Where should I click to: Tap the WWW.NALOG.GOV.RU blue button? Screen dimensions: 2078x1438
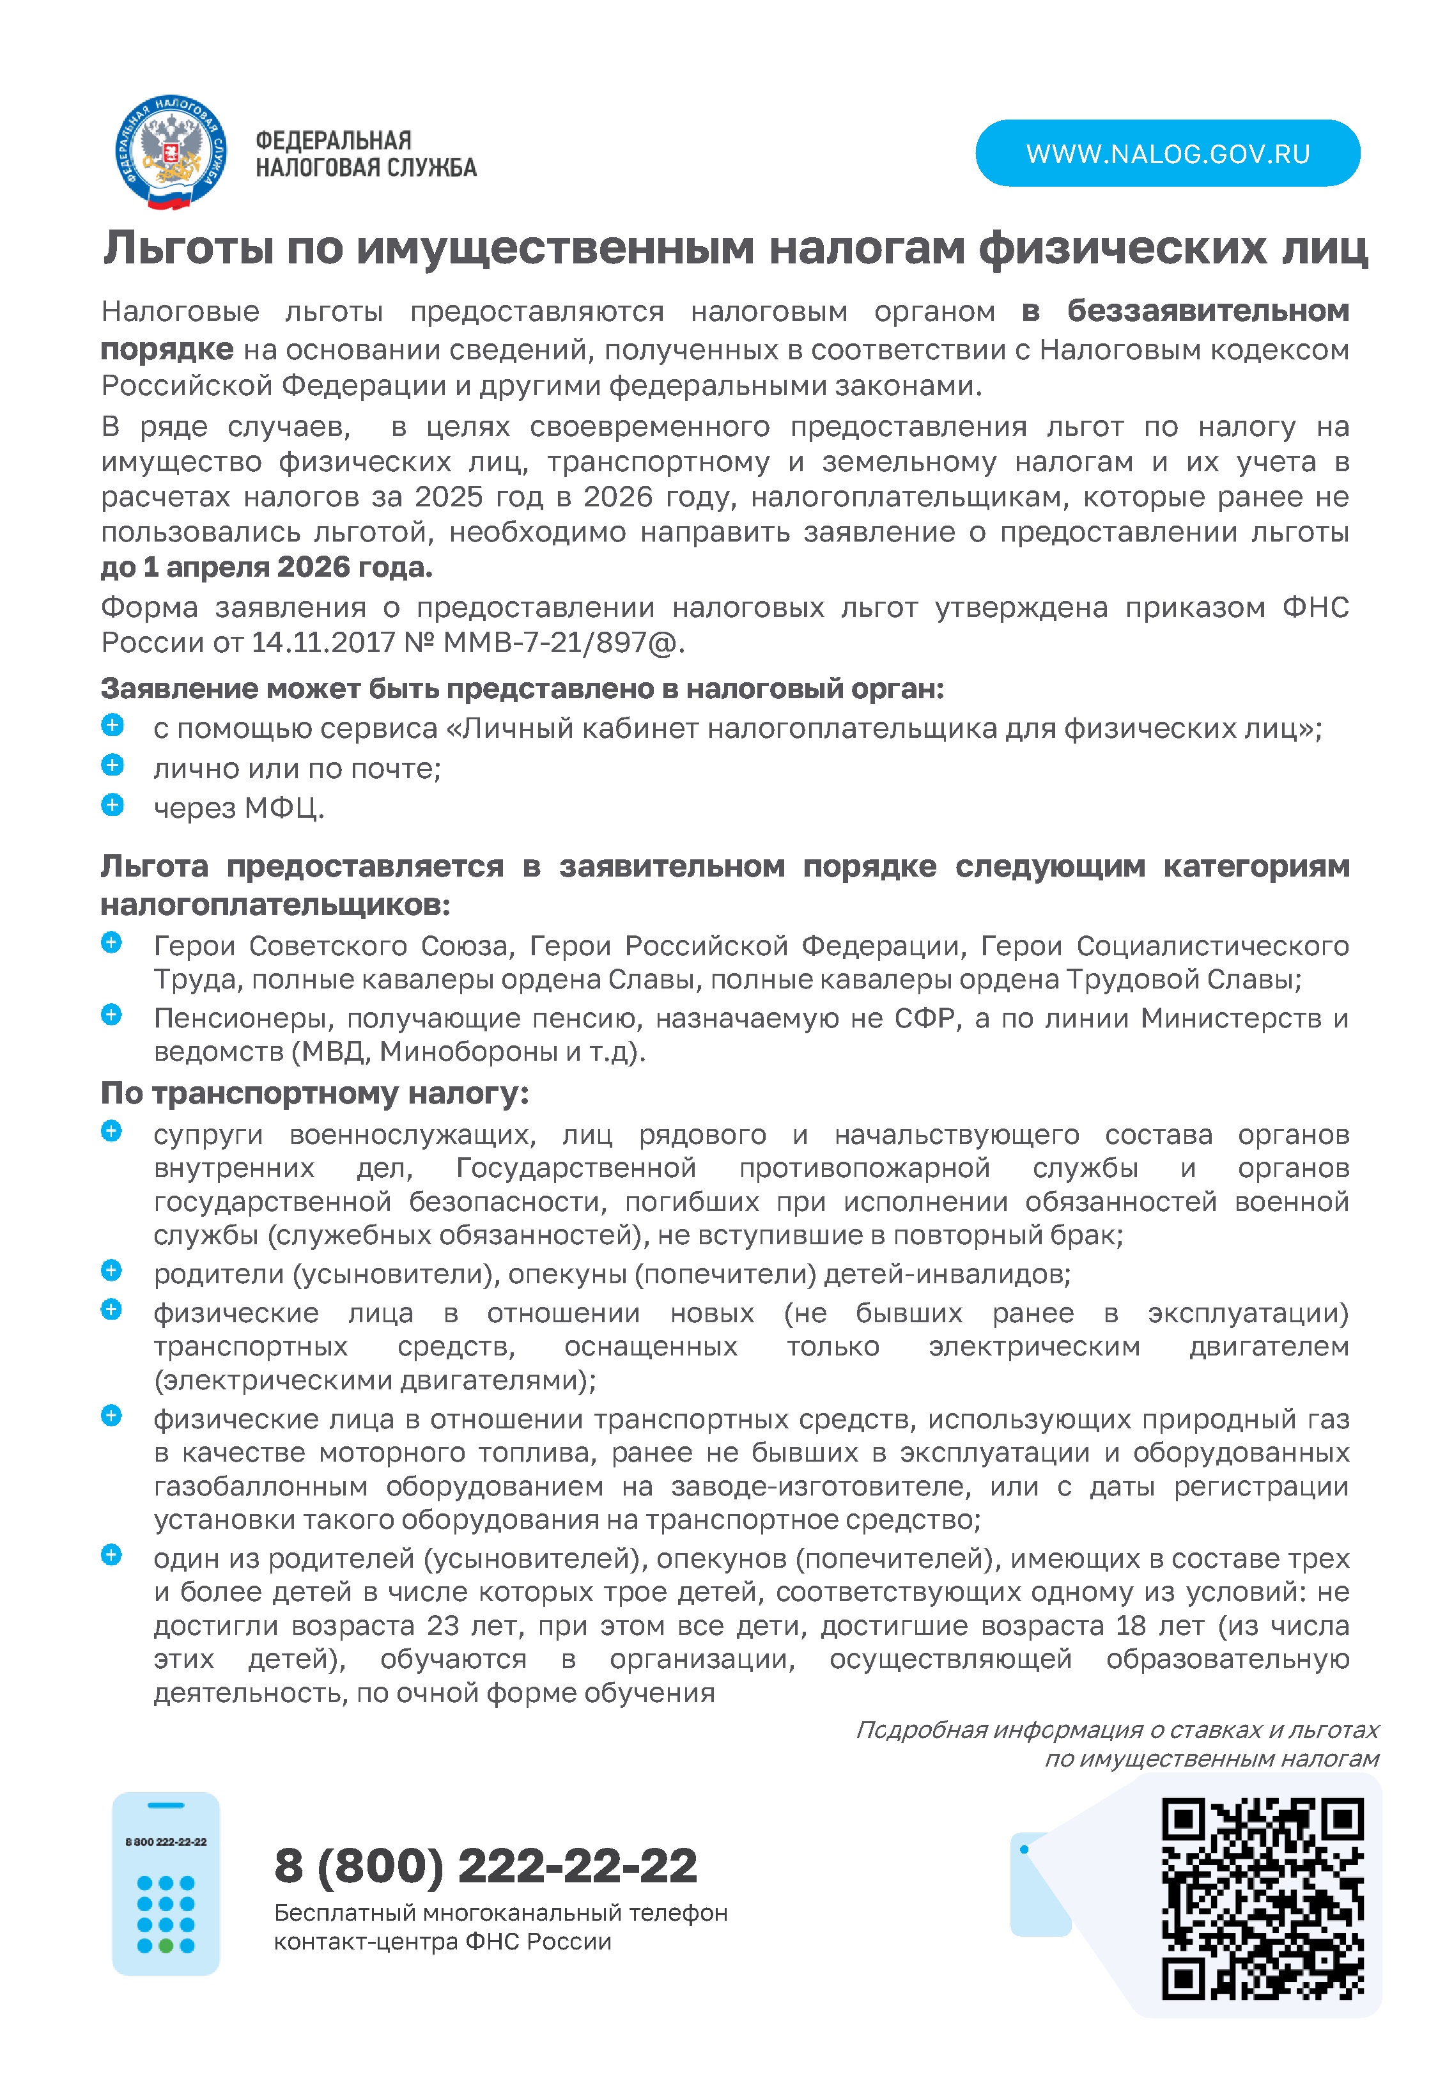[1167, 153]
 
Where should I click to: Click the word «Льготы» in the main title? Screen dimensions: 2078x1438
[189, 248]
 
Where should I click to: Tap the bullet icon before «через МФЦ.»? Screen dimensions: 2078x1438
[112, 805]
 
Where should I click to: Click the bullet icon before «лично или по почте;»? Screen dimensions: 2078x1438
[112, 765]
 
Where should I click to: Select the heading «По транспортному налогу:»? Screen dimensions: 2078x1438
[314, 1093]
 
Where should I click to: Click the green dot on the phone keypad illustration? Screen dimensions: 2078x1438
[166, 1946]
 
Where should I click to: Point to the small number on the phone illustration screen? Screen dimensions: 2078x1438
[166, 1842]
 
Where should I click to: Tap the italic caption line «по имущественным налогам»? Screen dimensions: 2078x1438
[1211, 1758]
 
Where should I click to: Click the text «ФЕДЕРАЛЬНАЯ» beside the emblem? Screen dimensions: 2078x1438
[334, 141]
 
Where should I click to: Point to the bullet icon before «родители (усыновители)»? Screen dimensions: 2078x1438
[112, 1270]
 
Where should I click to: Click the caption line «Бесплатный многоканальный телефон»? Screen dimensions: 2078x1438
[500, 1913]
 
